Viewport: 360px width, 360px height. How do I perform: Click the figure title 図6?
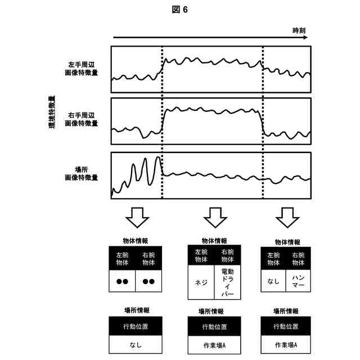180,10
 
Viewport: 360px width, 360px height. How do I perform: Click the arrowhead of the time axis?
305,38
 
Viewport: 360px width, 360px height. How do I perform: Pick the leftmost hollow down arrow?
137,215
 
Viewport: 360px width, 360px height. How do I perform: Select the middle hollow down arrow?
214,215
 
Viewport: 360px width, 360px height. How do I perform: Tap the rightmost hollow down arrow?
287,215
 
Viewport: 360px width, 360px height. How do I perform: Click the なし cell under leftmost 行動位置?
135,344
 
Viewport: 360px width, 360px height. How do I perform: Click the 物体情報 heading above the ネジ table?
214,241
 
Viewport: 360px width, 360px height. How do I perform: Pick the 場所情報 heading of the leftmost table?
136,310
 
